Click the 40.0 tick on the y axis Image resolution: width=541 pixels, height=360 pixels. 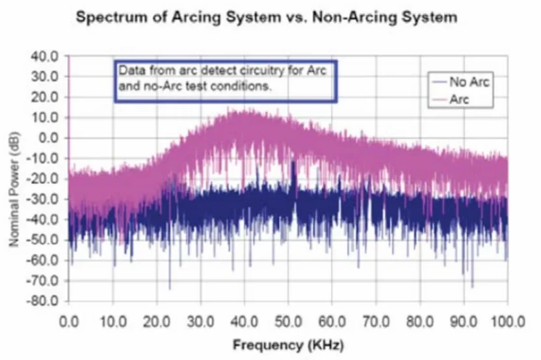pos(46,56)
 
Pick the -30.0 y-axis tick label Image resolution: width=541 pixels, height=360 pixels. pos(44,199)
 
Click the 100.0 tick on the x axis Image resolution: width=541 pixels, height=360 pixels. pos(507,321)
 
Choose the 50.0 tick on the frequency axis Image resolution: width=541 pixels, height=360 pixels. pos(288,321)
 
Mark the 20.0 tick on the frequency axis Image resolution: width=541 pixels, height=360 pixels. pos(156,321)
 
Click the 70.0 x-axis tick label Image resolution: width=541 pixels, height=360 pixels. pos(376,321)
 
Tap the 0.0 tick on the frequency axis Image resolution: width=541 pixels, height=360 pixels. pos(68,321)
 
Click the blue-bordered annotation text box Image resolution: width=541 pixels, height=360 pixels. pos(226,81)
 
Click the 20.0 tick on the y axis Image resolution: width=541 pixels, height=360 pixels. pos(46,97)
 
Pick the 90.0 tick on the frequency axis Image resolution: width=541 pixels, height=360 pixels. pos(464,321)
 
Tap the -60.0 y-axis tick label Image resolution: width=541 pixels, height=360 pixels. pos(44,261)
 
